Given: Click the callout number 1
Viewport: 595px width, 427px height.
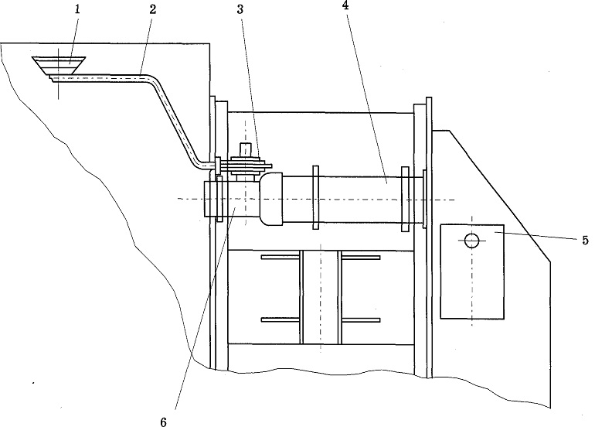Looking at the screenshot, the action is [77, 9].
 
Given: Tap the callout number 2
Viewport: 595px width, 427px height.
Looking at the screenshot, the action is [152, 10].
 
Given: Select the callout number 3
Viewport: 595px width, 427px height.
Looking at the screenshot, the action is [240, 10].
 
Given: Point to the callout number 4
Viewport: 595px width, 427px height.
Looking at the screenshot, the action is [345, 5].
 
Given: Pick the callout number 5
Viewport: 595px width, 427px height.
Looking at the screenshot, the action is [585, 241].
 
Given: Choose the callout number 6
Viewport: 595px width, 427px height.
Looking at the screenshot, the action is [164, 422].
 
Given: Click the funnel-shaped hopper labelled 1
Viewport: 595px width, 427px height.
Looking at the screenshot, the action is [59, 67].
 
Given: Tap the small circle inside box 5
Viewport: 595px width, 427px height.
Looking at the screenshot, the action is [471, 241].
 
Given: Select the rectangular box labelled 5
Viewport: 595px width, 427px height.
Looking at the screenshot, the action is [472, 272].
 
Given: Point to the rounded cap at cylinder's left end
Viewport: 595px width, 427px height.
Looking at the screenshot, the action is [270, 199].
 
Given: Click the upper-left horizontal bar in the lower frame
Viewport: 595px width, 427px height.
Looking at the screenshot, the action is [280, 257].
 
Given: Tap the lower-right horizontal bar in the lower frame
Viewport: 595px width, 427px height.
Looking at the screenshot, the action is [361, 320].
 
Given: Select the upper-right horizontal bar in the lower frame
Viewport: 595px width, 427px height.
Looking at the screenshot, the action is [361, 257].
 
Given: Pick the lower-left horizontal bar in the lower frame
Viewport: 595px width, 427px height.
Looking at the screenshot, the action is [280, 320].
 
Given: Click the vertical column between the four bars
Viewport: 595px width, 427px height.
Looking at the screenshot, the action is [321, 297].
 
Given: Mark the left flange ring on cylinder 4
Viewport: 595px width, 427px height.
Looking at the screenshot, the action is [316, 197].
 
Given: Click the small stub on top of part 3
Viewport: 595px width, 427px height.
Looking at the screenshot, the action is [246, 149].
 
